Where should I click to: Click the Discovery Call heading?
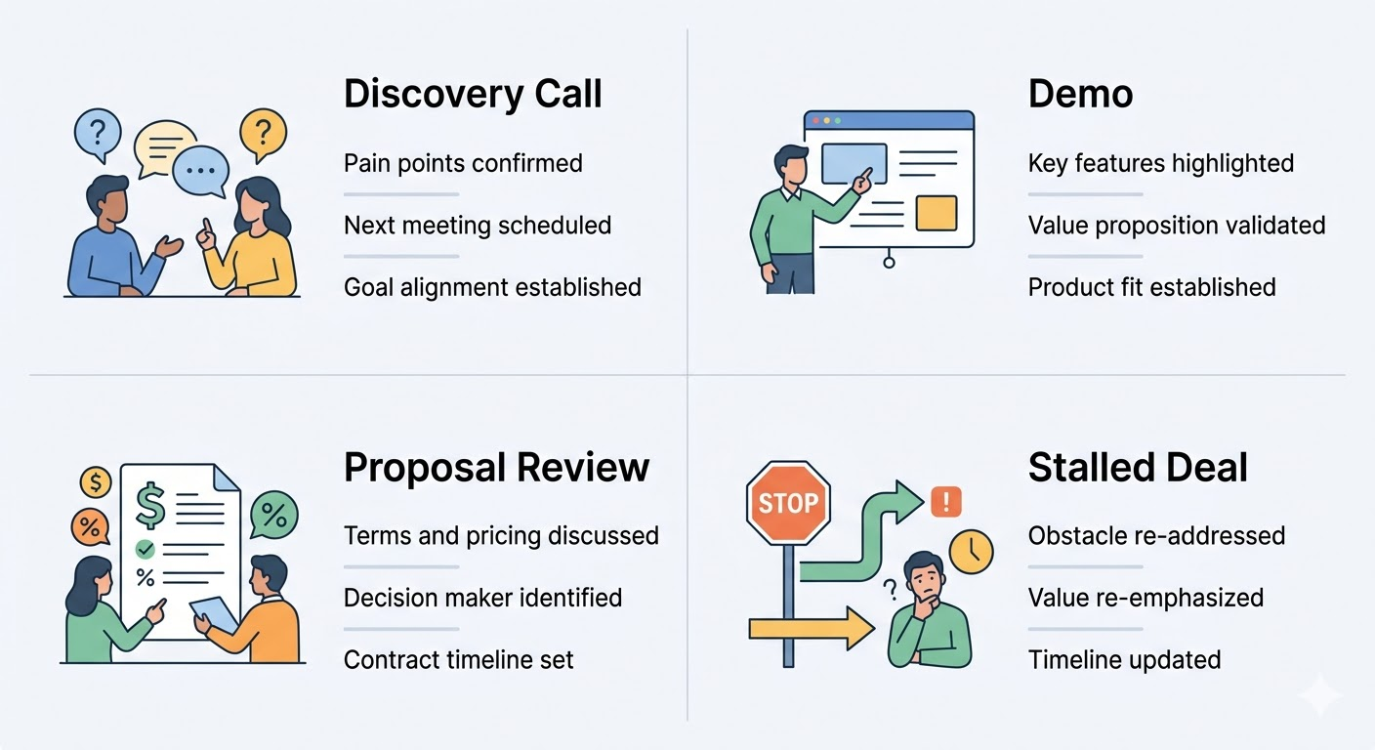tap(473, 95)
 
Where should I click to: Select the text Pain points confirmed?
tap(463, 162)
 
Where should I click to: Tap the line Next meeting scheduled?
tap(478, 226)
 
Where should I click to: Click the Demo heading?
tap(1080, 95)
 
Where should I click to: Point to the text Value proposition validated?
tap(1176, 226)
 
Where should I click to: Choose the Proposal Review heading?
tap(496, 468)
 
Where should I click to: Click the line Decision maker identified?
tap(482, 597)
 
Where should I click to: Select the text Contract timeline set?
tap(458, 659)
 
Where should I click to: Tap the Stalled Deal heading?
tap(1138, 468)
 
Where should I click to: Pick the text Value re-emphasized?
tap(1146, 597)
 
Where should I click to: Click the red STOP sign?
tap(787, 503)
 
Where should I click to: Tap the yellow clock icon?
tap(970, 553)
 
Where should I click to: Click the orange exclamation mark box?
tap(946, 502)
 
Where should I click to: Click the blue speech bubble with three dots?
tap(200, 170)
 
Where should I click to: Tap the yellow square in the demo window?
tap(936, 213)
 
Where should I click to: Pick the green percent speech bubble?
tap(274, 516)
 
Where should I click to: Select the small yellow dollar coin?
tap(96, 481)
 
